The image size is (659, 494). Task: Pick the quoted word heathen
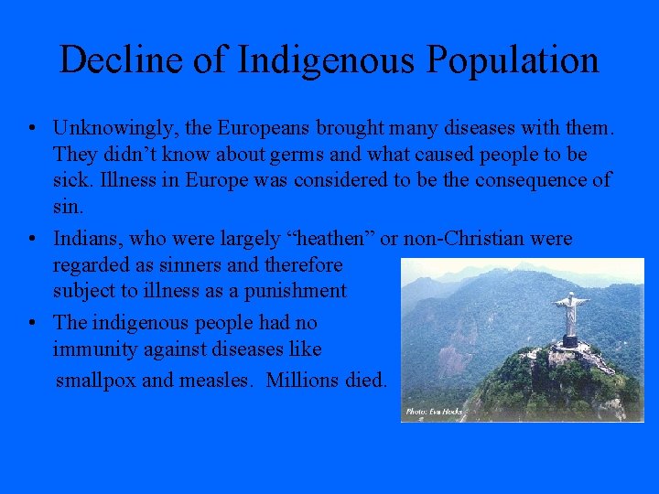click(324, 239)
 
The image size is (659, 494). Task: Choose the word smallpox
click(95, 380)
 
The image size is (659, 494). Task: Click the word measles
click(213, 379)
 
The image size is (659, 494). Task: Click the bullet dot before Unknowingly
click(32, 128)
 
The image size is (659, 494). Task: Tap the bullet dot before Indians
click(32, 240)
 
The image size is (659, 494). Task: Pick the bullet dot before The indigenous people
click(32, 323)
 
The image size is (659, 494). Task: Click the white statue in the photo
click(571, 316)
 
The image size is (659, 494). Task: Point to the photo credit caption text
click(435, 413)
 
